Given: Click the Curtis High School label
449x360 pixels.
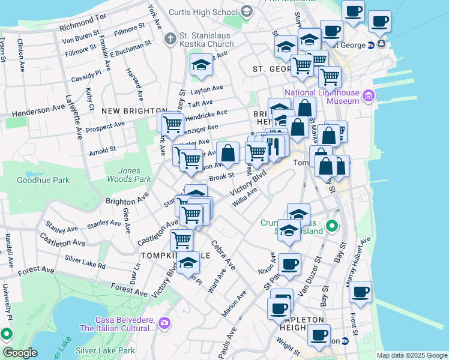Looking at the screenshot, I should [x=203, y=11].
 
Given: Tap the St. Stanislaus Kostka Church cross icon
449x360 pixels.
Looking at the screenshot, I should [x=170, y=39].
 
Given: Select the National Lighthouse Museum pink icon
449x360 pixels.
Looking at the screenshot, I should [x=368, y=95].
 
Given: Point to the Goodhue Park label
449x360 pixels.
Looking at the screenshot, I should [x=43, y=180].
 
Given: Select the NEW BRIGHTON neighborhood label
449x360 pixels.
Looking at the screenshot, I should [x=134, y=111].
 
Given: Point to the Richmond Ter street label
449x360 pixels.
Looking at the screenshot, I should [x=83, y=23].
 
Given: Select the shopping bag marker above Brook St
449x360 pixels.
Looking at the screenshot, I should [x=228, y=153].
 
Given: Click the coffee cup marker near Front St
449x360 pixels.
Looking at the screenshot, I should [x=360, y=292].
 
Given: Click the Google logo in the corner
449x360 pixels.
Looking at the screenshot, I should [x=20, y=353].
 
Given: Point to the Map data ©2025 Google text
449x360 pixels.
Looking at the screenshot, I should [x=412, y=355].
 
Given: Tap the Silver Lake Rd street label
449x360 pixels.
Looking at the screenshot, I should [x=85, y=262].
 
